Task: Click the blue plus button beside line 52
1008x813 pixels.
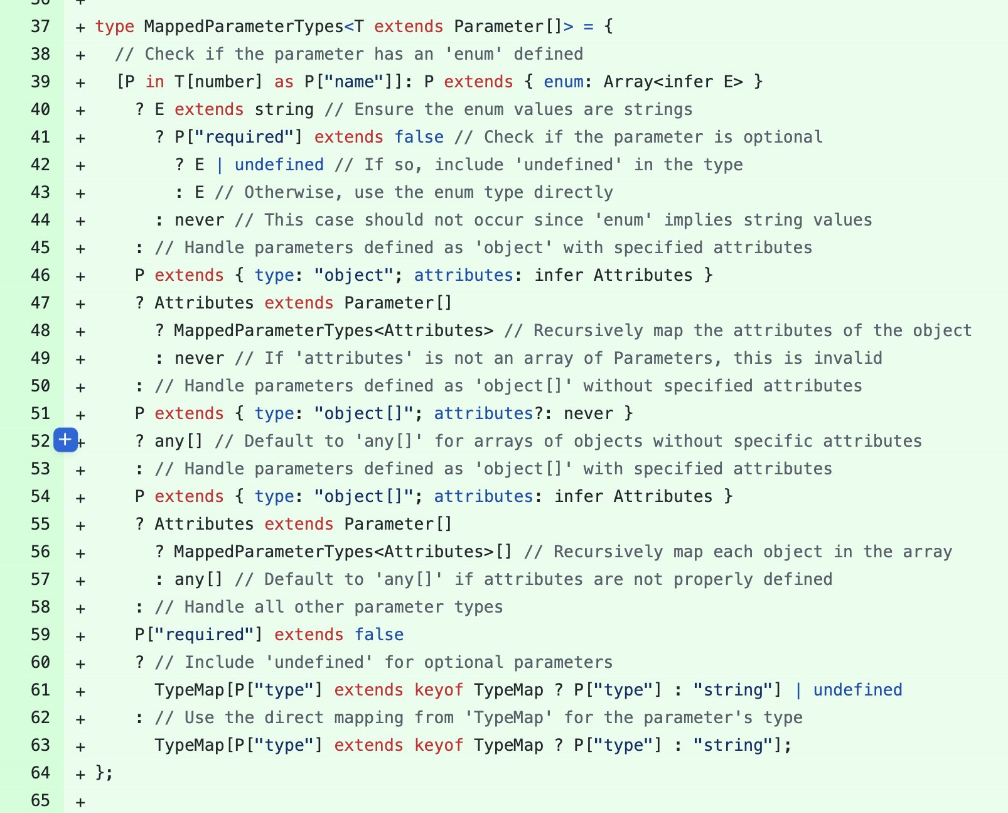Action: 66,440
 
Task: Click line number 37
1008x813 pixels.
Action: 40,26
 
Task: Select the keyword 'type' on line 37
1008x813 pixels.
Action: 115,26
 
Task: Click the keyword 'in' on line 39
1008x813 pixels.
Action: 154,82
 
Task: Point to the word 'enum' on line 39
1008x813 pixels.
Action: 563,82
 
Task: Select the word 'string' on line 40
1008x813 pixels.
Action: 284,109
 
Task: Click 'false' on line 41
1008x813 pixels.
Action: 419,137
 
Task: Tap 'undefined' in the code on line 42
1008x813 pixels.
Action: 279,165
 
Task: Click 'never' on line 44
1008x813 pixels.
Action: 199,220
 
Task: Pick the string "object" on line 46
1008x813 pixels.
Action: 349,275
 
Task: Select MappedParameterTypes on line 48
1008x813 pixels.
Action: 333,330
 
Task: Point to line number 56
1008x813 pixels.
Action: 40,552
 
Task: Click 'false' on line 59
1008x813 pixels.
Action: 378,635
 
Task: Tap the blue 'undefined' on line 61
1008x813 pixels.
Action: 857,690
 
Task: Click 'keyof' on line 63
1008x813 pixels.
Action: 439,745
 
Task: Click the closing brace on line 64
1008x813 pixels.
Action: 100,773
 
